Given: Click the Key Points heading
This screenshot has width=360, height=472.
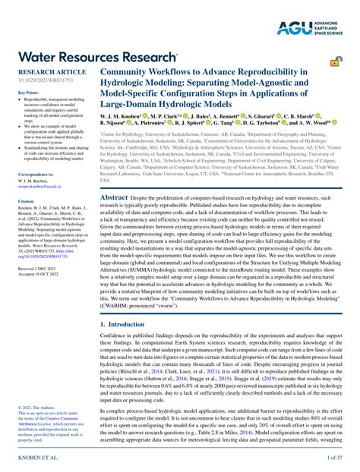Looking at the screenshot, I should (28, 92).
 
